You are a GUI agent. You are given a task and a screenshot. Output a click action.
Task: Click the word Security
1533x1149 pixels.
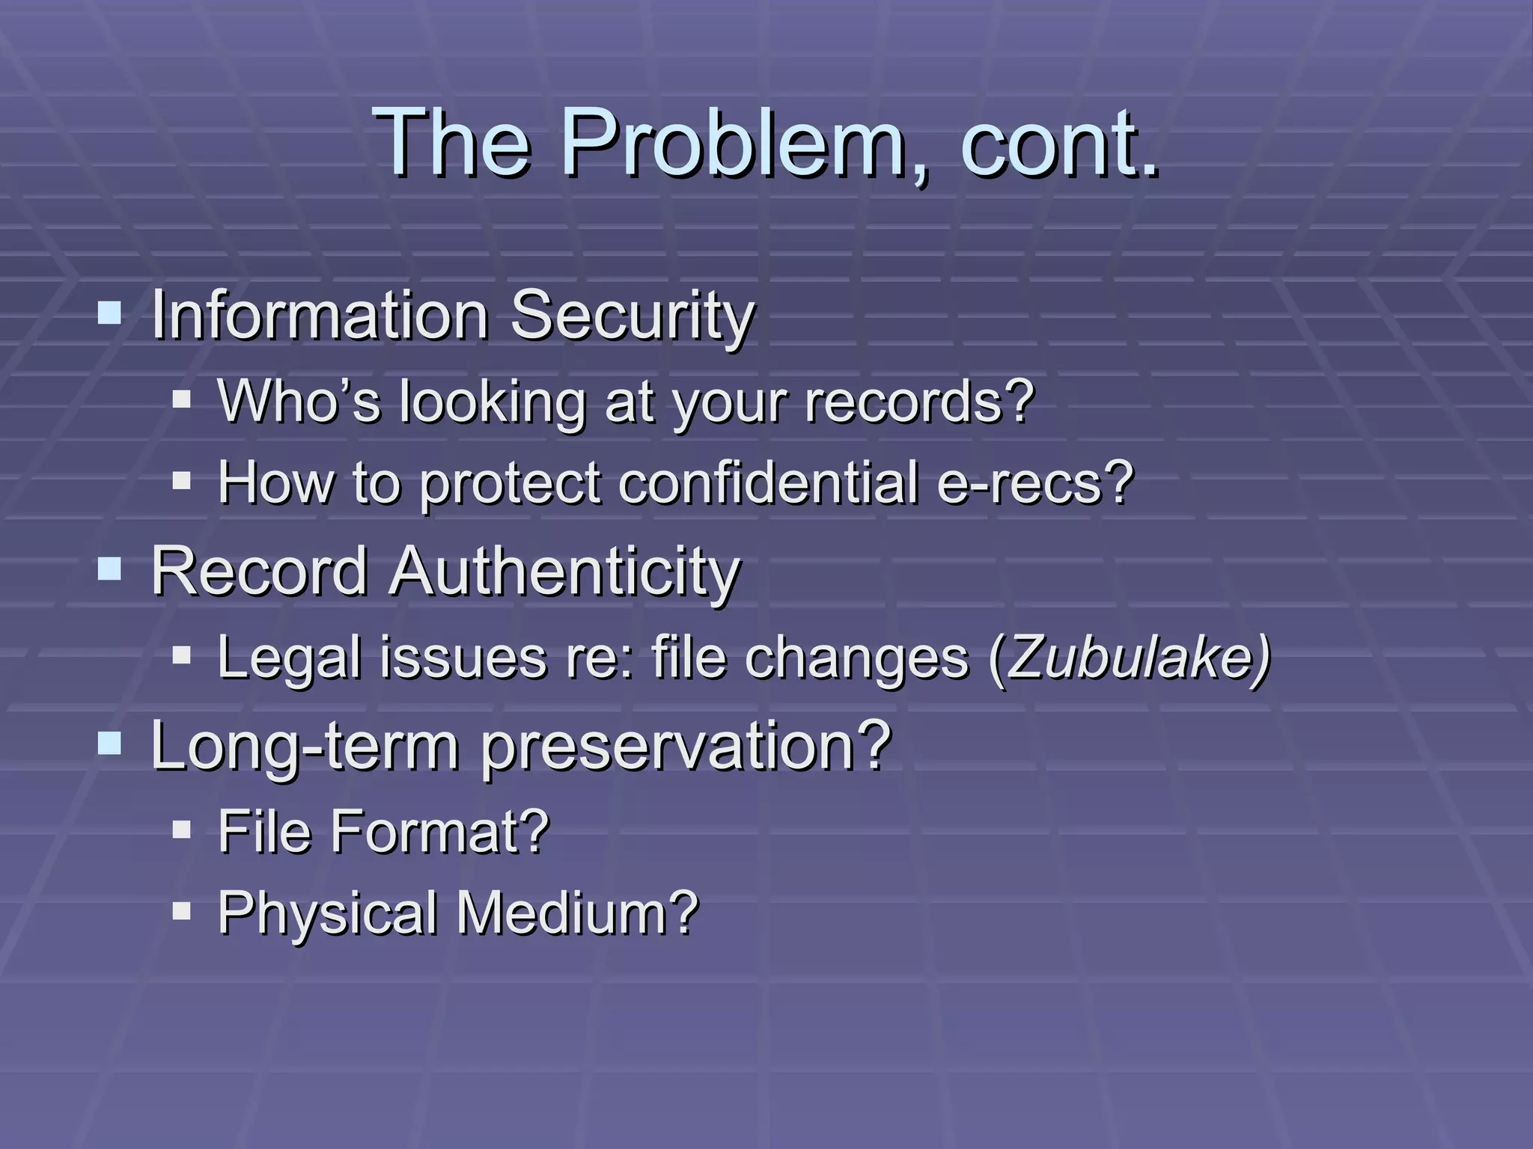632,316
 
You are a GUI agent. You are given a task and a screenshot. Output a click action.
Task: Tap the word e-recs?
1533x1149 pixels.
1035,482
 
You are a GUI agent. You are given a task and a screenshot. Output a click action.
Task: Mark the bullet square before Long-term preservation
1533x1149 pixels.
109,743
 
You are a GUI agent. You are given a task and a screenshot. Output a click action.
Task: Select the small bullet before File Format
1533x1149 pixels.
181,830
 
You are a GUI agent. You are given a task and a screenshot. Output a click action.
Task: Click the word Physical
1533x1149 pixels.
327,914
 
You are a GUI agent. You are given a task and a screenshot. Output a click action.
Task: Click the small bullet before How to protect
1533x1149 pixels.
181,480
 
